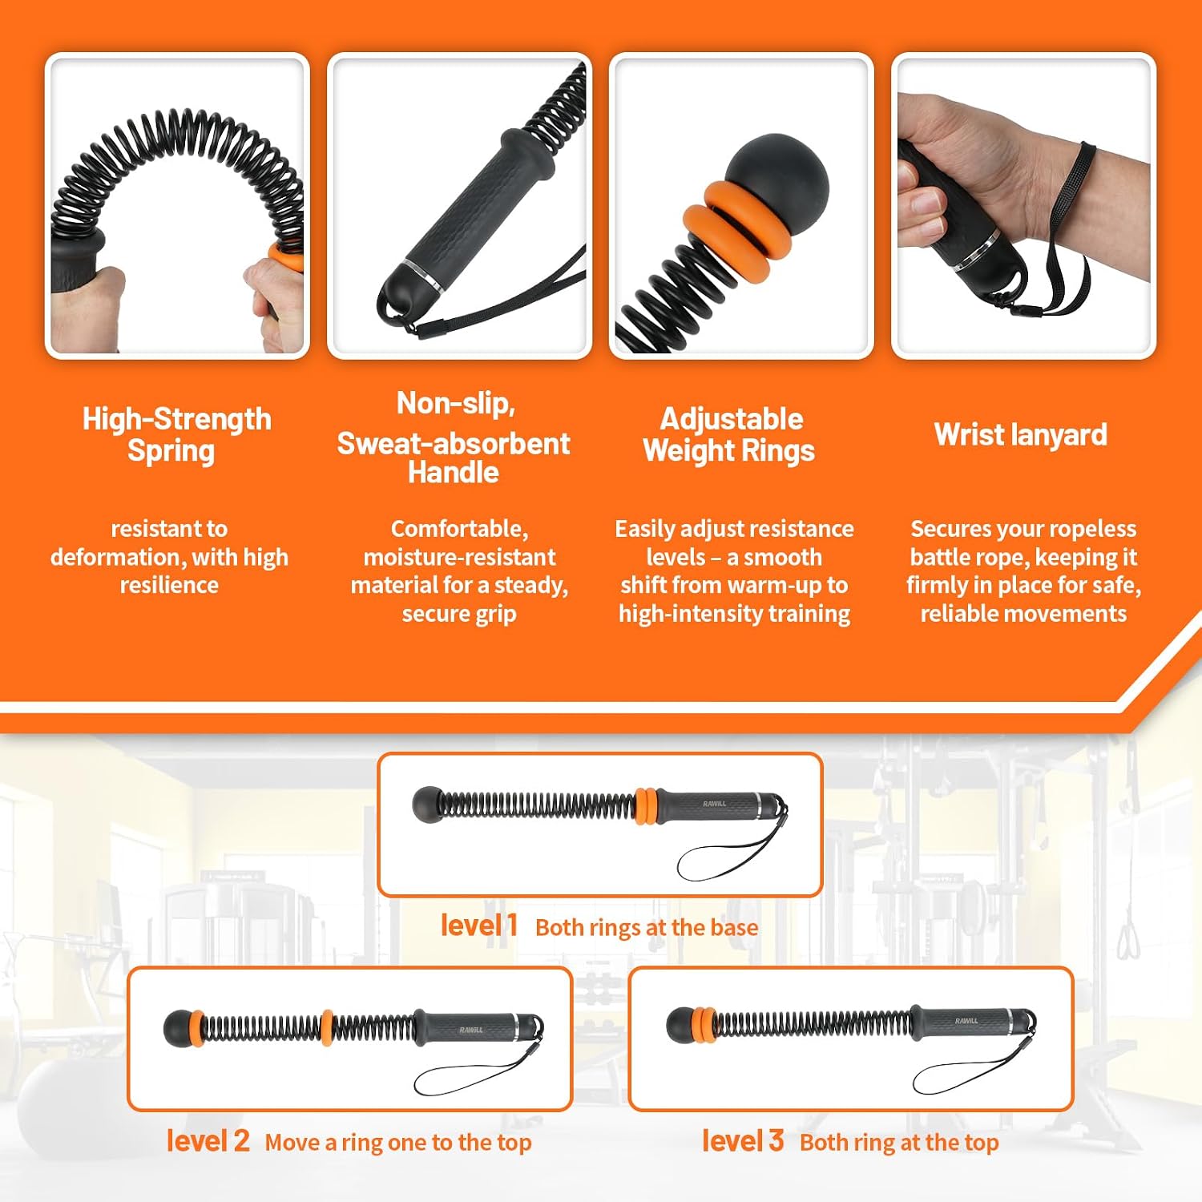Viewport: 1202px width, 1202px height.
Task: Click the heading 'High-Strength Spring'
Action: coord(176,434)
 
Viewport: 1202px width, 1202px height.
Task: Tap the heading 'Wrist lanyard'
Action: coord(1021,435)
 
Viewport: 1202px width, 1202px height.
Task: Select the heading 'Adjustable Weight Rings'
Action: coord(730,434)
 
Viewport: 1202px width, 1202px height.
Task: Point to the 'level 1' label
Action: coord(479,926)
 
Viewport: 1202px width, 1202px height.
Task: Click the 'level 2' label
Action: coord(208,1140)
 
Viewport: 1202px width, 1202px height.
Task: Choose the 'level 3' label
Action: coord(743,1140)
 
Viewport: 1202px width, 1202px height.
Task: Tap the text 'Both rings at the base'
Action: coord(647,927)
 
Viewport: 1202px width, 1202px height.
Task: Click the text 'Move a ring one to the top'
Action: coord(398,1143)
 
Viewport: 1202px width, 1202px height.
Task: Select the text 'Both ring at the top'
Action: coord(899,1143)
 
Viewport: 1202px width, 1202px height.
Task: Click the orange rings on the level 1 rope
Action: coord(646,806)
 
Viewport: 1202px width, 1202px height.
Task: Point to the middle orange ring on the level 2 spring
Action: coord(327,1028)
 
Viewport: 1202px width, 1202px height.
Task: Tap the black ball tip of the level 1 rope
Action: coord(428,805)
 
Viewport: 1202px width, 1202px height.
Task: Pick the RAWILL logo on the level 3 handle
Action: coord(966,1020)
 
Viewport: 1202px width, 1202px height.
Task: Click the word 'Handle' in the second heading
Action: coord(454,473)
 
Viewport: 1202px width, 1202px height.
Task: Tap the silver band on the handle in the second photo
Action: coord(423,275)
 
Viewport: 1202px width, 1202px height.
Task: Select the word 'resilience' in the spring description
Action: coord(169,585)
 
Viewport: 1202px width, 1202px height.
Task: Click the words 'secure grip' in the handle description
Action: coord(459,614)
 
